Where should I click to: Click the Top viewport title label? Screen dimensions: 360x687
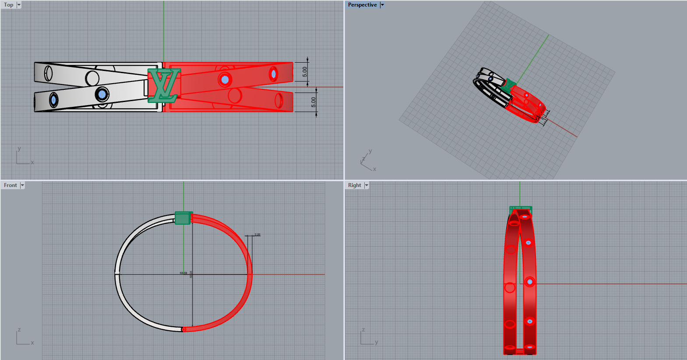(x=9, y=5)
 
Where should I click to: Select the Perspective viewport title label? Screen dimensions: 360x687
(x=362, y=5)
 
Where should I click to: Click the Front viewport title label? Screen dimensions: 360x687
(x=11, y=185)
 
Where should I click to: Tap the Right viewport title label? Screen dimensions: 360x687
(x=355, y=185)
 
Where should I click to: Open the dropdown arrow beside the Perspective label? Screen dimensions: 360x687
(x=382, y=5)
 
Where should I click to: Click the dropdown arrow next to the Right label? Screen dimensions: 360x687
(x=366, y=185)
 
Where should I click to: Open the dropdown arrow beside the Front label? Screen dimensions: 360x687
(x=22, y=185)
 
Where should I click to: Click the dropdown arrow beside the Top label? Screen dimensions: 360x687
(x=19, y=5)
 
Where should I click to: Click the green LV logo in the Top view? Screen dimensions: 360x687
(x=164, y=85)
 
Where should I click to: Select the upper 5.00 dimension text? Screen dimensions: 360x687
(x=305, y=71)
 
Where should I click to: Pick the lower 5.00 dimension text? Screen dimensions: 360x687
(x=313, y=102)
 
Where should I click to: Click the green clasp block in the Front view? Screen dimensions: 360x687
(x=183, y=218)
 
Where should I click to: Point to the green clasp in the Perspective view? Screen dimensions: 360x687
(x=509, y=85)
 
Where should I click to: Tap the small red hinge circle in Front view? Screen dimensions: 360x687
(x=184, y=329)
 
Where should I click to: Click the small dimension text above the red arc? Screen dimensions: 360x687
(x=257, y=235)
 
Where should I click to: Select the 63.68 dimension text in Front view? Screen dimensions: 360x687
(x=183, y=273)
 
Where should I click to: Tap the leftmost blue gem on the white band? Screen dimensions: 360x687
(x=53, y=100)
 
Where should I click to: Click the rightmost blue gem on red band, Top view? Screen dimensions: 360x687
(x=274, y=74)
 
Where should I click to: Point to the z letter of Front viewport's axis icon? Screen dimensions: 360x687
(x=19, y=330)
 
